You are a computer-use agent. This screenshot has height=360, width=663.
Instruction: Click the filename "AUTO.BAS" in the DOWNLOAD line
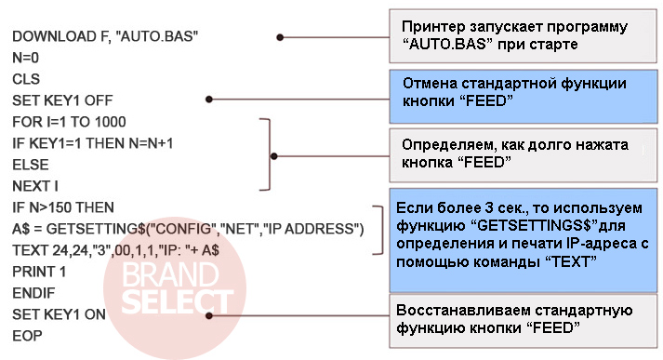pyautogui.click(x=159, y=36)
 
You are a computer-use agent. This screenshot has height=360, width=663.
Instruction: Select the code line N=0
pyautogui.click(x=25, y=58)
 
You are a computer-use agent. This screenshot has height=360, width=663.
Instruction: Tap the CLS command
pyautogui.click(x=26, y=79)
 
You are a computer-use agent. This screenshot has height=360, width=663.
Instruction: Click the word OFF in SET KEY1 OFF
pyautogui.click(x=99, y=100)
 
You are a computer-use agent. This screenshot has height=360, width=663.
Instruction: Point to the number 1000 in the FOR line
pyautogui.click(x=110, y=122)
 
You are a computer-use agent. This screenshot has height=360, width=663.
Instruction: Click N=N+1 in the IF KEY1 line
pyautogui.click(x=151, y=143)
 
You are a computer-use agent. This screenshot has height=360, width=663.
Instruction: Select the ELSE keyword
pyautogui.click(x=31, y=165)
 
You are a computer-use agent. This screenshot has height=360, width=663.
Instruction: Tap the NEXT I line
pyautogui.click(x=35, y=186)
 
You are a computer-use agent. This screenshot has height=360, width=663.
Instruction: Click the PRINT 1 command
pyautogui.click(x=39, y=272)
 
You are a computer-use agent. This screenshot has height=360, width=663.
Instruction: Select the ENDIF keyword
pyautogui.click(x=33, y=293)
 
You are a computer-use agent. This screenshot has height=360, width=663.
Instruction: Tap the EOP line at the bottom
pyautogui.click(x=27, y=336)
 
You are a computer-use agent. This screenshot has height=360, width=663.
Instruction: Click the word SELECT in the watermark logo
pyautogui.click(x=178, y=302)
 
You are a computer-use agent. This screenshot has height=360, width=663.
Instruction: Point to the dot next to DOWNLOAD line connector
pyautogui.click(x=280, y=37)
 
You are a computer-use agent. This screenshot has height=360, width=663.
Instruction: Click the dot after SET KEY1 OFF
pyautogui.click(x=209, y=100)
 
